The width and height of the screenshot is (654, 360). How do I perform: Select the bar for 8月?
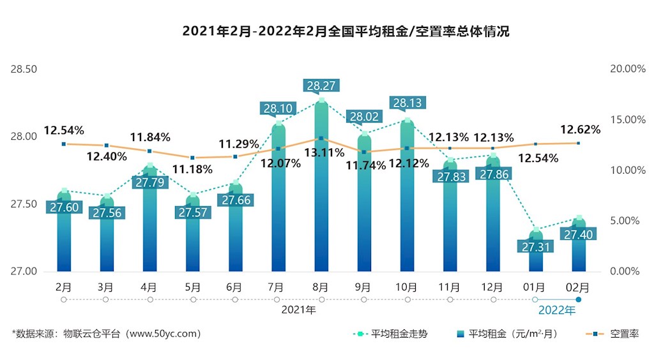pos(321,191)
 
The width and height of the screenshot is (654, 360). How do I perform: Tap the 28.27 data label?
pos(321,86)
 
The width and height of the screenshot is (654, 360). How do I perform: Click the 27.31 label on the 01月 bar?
pos(535,246)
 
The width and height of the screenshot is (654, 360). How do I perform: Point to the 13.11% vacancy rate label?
pos(323,153)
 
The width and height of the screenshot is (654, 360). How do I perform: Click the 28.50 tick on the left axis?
pos(24,69)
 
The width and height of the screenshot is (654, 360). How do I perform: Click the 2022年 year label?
pos(556,311)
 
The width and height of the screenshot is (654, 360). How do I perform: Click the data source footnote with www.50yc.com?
pos(107,334)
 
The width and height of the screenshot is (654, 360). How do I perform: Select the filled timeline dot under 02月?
pos(578,299)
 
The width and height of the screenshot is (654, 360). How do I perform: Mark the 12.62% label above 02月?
pos(581,130)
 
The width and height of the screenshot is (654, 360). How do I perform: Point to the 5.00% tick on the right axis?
pos(628,221)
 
